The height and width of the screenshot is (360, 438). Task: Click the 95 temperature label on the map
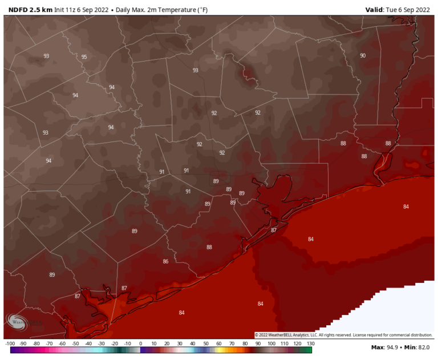point(84,57)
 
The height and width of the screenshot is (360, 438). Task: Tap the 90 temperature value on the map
point(363,55)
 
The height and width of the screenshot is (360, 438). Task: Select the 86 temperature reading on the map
point(165,261)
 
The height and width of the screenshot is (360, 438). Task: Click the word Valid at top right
point(376,10)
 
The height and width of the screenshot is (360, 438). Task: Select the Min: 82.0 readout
point(418,347)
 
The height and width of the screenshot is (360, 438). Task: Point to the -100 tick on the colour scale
point(10,343)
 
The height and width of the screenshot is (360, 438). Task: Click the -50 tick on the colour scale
point(75,343)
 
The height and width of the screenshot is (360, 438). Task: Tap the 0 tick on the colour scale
point(141,343)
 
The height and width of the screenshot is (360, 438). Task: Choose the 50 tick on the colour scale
point(206,343)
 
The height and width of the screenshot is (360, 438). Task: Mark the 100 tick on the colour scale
point(271,343)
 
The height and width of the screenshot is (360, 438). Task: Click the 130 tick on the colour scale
point(310,343)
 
